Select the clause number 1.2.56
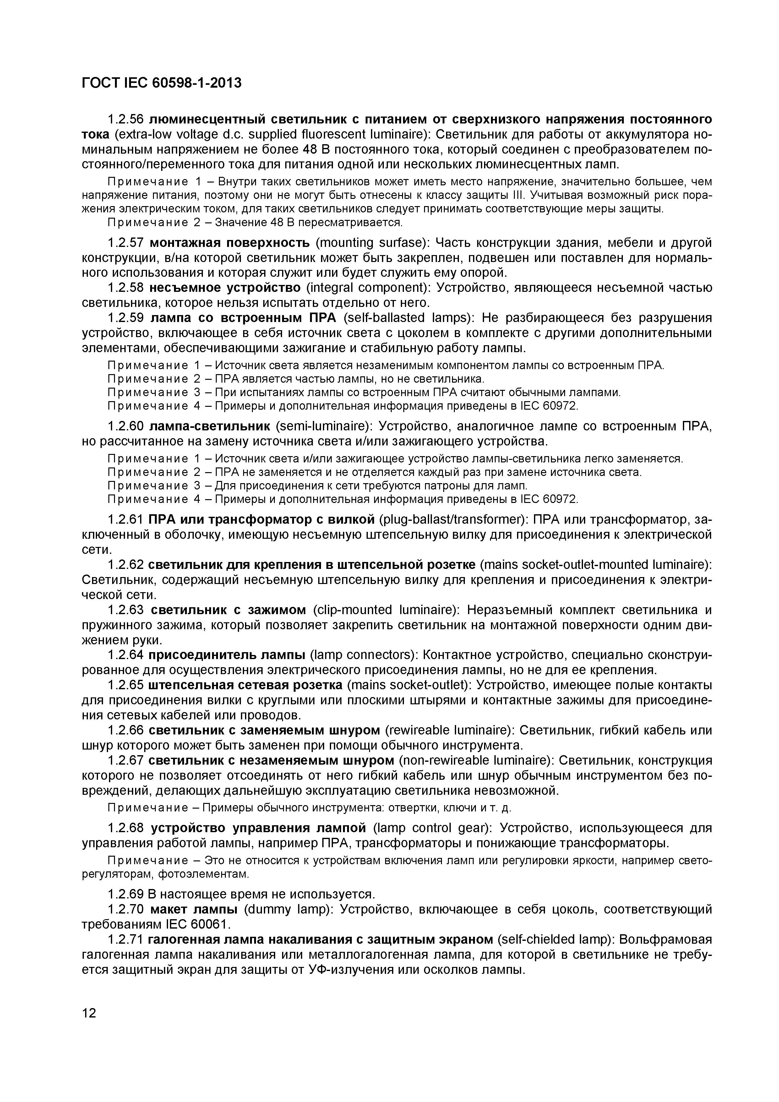coord(126,119)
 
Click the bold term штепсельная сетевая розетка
coord(245,685)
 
